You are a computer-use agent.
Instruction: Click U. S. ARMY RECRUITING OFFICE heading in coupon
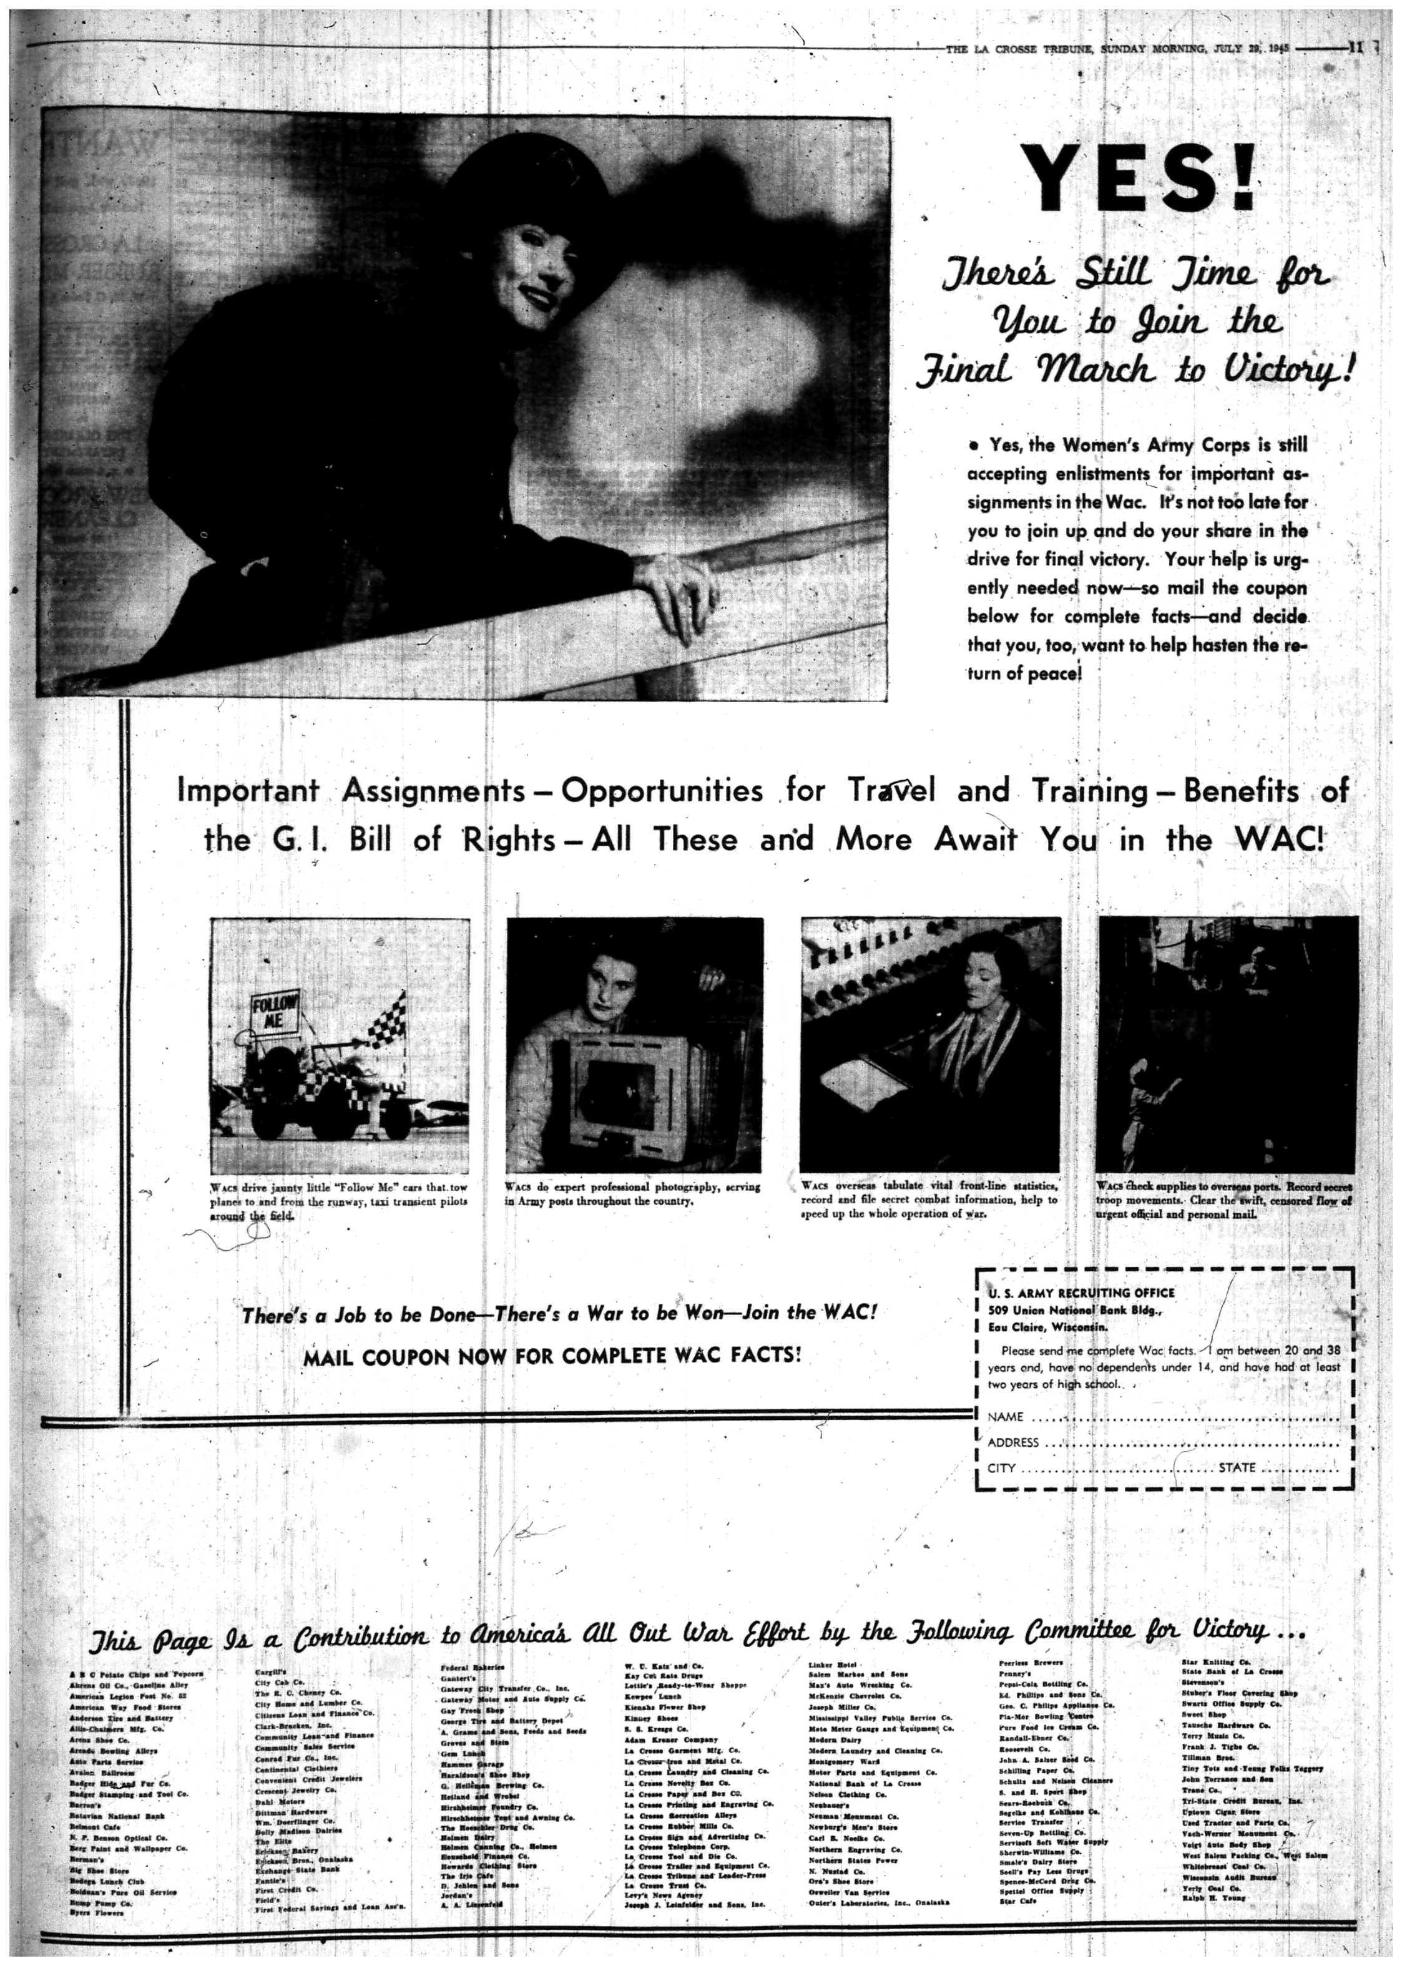click(x=1081, y=1293)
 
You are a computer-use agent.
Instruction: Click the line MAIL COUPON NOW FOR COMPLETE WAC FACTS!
click(x=552, y=1356)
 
